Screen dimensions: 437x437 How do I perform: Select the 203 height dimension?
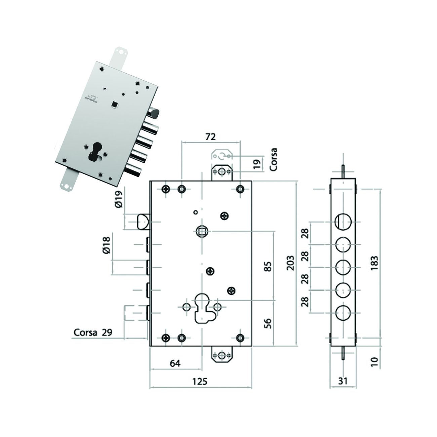[x=291, y=263]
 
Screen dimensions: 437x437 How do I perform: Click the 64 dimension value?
[x=175, y=363]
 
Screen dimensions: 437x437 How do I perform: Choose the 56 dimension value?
[x=268, y=323]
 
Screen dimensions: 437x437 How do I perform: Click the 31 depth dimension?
[x=343, y=381]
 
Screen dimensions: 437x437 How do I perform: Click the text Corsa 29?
[x=93, y=332]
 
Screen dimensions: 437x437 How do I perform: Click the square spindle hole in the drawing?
[x=202, y=231]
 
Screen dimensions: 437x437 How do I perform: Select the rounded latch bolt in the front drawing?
[x=143, y=222]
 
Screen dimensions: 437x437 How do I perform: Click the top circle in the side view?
[x=343, y=222]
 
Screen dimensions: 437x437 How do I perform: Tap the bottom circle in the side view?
[x=343, y=313]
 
